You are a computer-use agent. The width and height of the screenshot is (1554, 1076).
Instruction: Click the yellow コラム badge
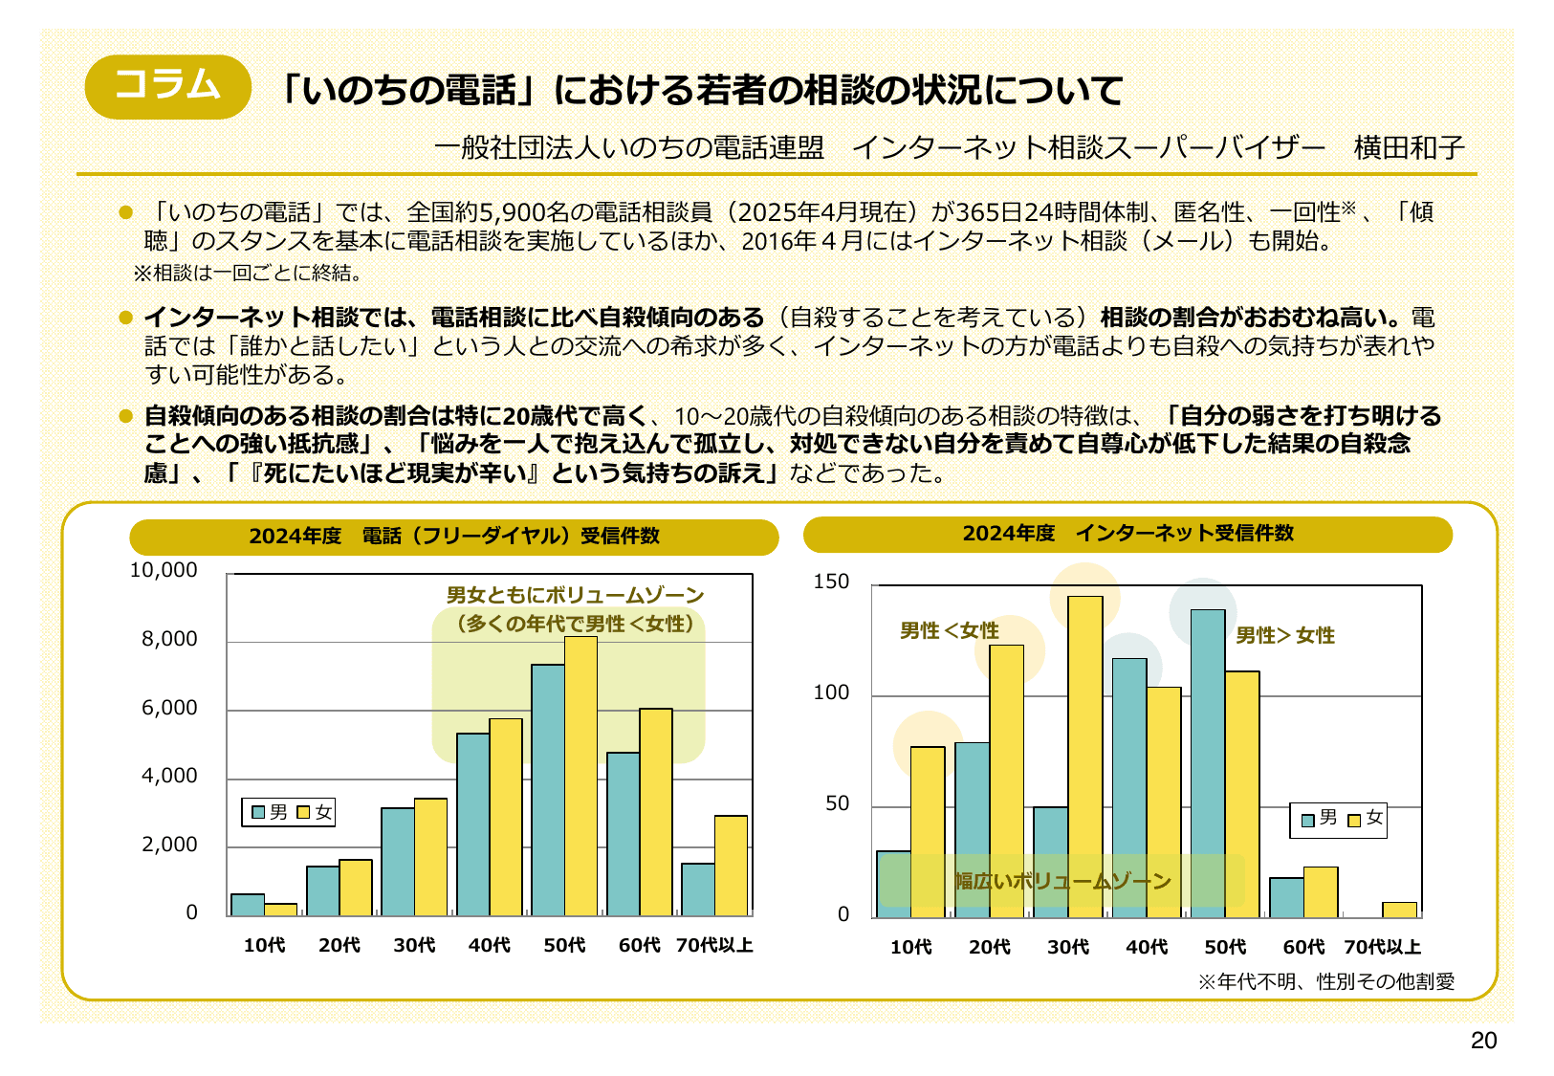[x=167, y=86]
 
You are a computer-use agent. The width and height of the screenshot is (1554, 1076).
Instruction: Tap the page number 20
[x=1483, y=1041]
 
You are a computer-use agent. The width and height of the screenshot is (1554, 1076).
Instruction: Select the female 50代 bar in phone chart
[x=580, y=775]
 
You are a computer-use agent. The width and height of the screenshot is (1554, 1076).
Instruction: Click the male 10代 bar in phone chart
[x=248, y=905]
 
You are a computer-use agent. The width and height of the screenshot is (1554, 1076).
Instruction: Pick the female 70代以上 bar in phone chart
[x=731, y=866]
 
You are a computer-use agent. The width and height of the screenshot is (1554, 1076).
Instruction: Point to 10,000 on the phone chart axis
[x=164, y=570]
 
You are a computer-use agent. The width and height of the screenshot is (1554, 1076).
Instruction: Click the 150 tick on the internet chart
[x=830, y=582]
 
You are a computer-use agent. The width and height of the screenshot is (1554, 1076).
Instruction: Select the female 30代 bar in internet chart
[x=1084, y=756]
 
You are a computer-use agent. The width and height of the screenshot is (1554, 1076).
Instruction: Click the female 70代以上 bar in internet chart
[x=1399, y=910]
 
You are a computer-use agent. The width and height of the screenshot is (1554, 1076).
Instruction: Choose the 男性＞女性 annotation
[x=1284, y=635]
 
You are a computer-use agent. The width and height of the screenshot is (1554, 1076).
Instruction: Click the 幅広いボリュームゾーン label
[x=1062, y=881]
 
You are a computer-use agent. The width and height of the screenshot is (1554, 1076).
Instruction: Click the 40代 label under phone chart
[x=489, y=945]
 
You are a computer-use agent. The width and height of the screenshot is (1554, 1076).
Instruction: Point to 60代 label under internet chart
[x=1303, y=947]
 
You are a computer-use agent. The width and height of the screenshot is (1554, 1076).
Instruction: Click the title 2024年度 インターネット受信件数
[x=1127, y=534]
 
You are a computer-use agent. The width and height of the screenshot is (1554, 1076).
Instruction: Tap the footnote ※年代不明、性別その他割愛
[x=1325, y=981]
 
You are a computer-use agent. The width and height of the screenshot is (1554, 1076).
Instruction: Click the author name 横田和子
[x=1409, y=147]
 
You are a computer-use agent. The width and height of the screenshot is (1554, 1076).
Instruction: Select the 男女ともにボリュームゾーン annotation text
[x=575, y=595]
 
